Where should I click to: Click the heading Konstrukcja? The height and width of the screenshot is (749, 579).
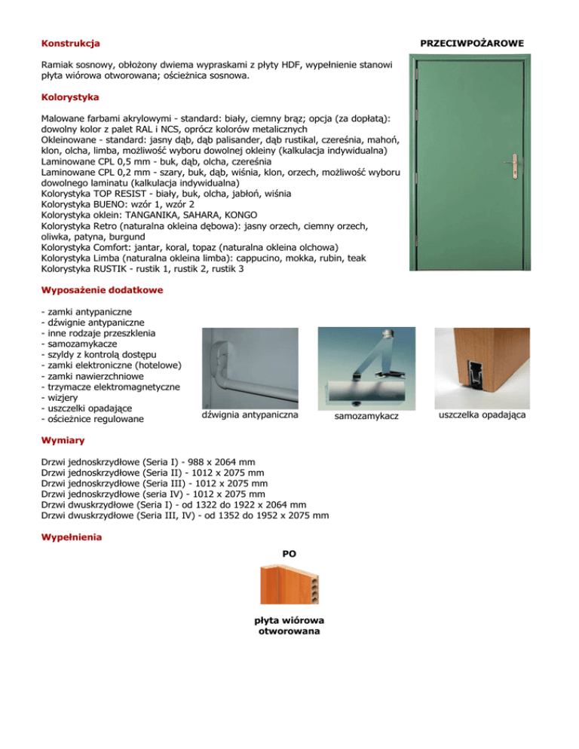[x=71, y=44]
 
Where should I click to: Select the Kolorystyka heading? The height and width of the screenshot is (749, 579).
[x=71, y=97]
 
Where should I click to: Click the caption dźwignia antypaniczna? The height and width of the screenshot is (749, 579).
[x=251, y=415]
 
